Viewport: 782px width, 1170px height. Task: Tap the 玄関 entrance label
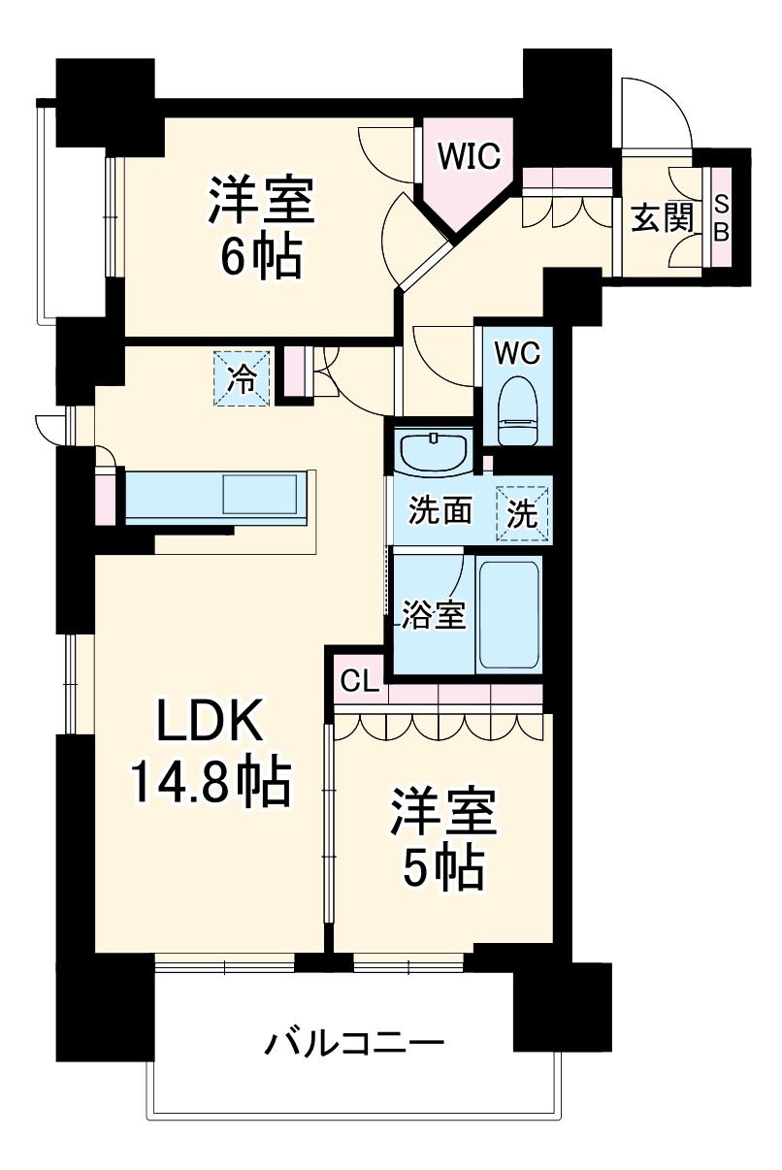[x=663, y=219]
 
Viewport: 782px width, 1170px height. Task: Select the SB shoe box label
[x=721, y=219]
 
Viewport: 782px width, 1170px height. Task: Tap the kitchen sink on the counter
[x=261, y=494]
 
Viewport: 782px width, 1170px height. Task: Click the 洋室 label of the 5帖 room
[x=444, y=813]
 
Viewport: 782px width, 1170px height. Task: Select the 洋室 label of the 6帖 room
[x=260, y=200]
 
